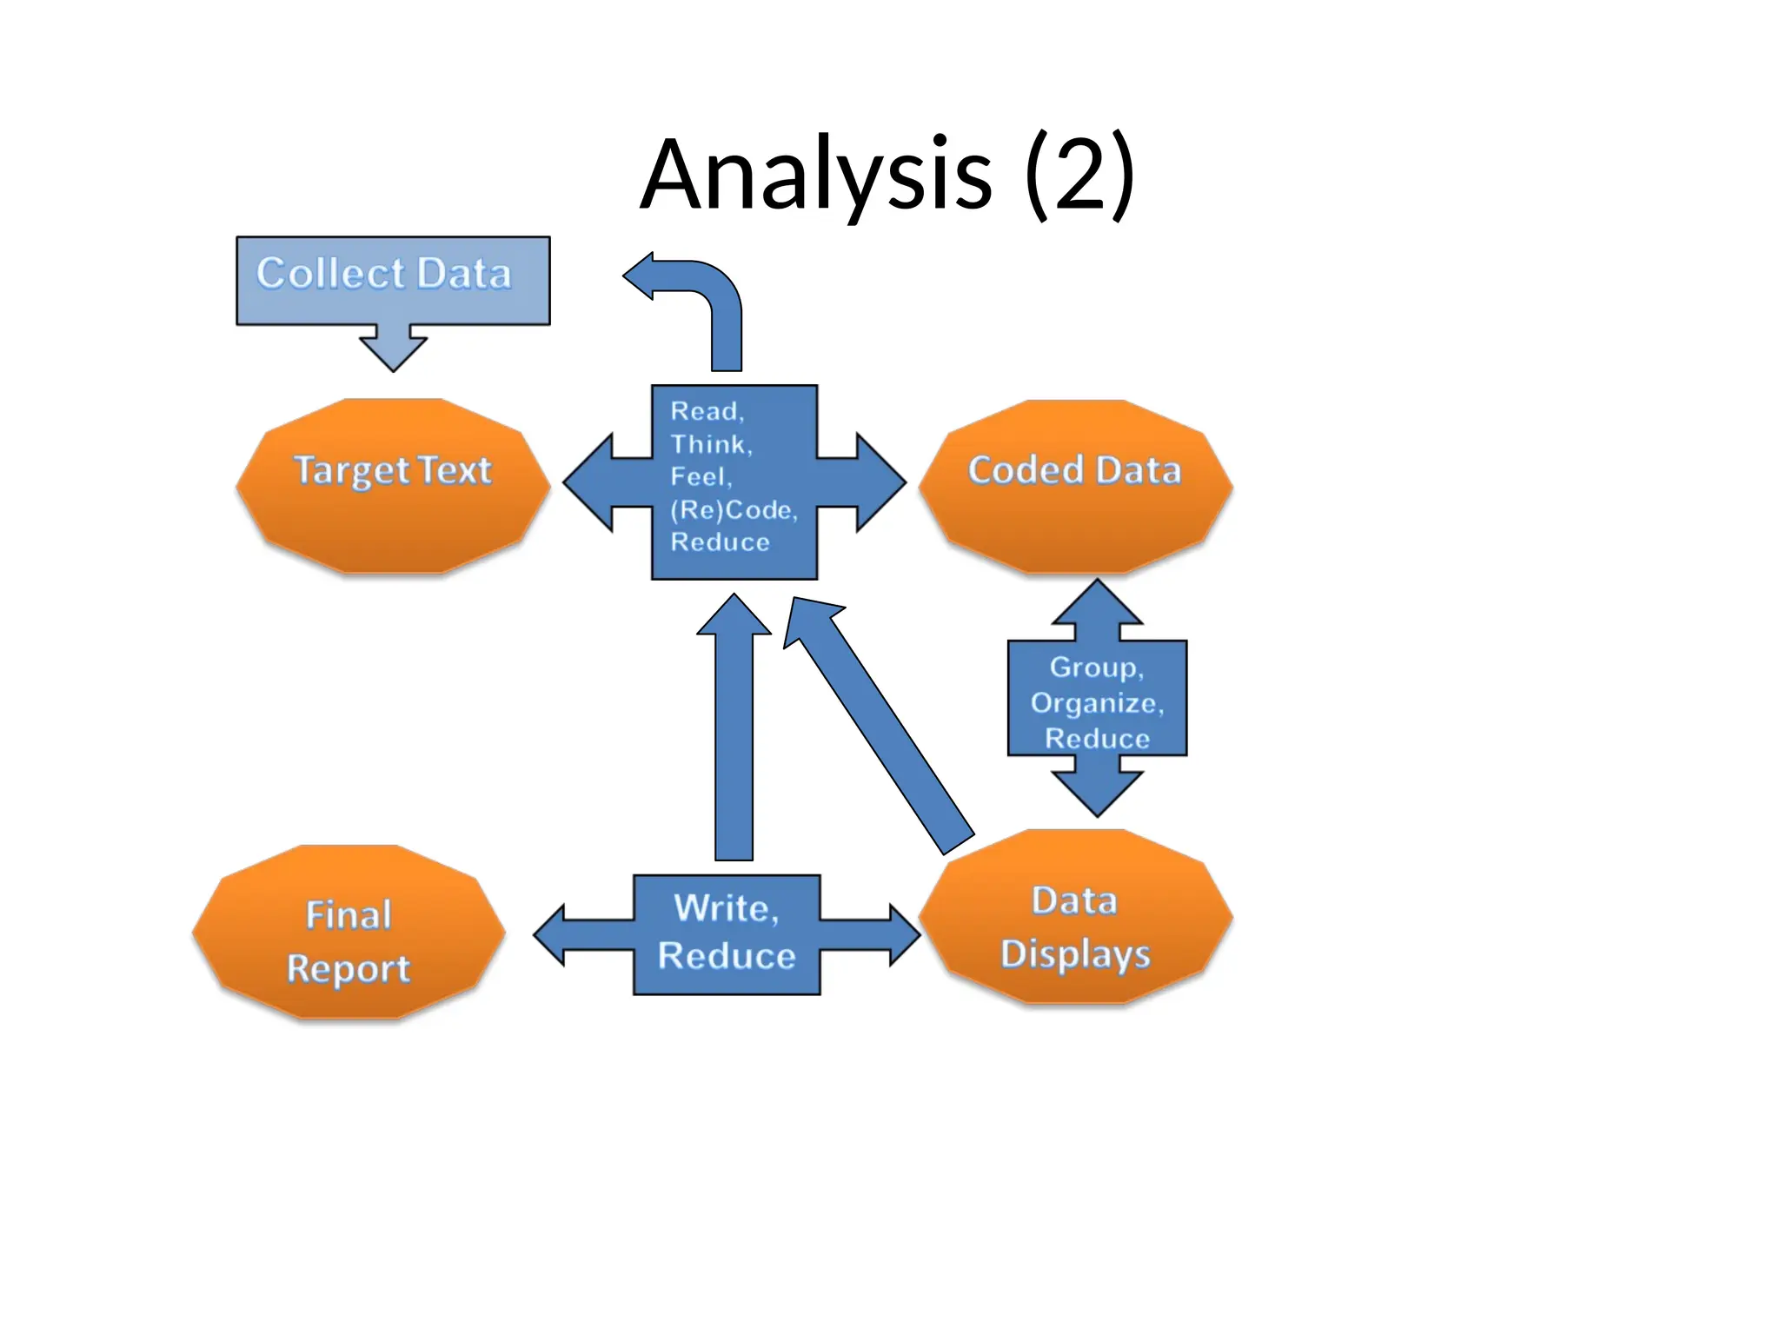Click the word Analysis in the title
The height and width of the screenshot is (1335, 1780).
(815, 176)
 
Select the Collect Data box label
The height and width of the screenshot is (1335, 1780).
(383, 274)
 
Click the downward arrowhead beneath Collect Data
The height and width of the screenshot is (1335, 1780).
(393, 351)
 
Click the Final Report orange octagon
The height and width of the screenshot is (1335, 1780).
(349, 932)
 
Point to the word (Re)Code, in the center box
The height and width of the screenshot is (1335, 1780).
(733, 509)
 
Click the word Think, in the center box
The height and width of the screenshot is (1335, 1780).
(711, 444)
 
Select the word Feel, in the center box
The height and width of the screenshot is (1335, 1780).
(701, 477)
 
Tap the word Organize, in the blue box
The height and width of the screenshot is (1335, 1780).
(1096, 702)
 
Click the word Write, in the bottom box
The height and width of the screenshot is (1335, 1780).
(727, 908)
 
